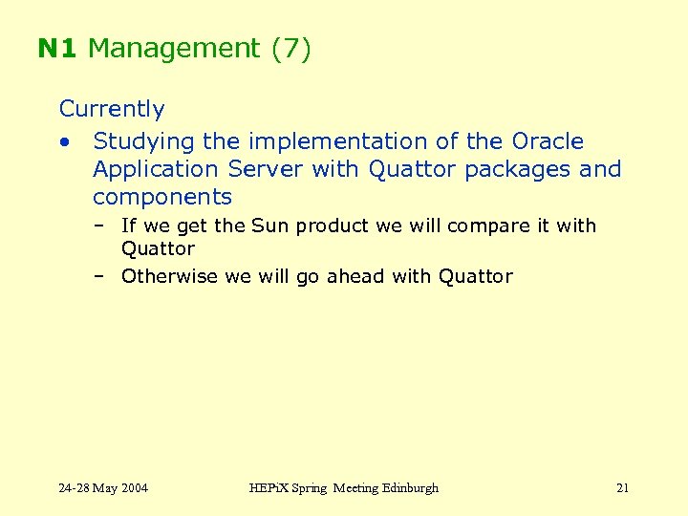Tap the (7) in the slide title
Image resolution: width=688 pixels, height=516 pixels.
point(291,49)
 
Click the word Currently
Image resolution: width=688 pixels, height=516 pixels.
point(112,110)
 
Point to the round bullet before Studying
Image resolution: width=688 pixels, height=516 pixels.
point(63,142)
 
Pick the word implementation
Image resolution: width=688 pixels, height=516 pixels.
point(338,141)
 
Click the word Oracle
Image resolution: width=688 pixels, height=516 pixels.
point(548,141)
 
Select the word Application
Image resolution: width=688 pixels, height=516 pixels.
point(156,170)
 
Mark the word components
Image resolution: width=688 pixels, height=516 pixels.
point(162,198)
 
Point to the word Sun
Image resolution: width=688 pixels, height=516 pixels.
point(270,226)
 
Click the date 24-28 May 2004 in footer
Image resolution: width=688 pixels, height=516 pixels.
point(103,488)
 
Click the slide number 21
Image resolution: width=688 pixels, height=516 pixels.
point(622,488)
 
